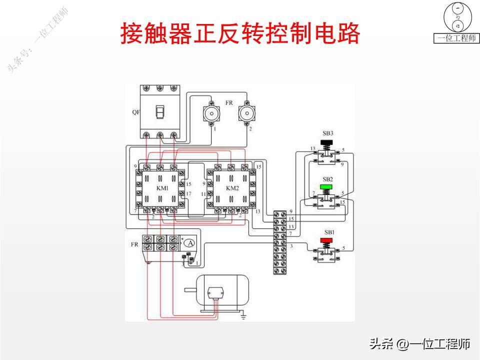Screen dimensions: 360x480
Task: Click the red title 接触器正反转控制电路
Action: (x=240, y=34)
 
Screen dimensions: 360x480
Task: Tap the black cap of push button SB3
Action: (x=327, y=145)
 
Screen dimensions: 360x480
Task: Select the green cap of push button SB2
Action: (x=327, y=187)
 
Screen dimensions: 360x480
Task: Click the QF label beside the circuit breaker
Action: (x=136, y=112)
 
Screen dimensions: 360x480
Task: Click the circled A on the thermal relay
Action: (x=189, y=243)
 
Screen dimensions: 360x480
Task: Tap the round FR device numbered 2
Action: (x=246, y=113)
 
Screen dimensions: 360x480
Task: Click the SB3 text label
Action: (x=327, y=133)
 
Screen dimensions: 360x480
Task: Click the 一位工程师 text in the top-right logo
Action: (x=456, y=38)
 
